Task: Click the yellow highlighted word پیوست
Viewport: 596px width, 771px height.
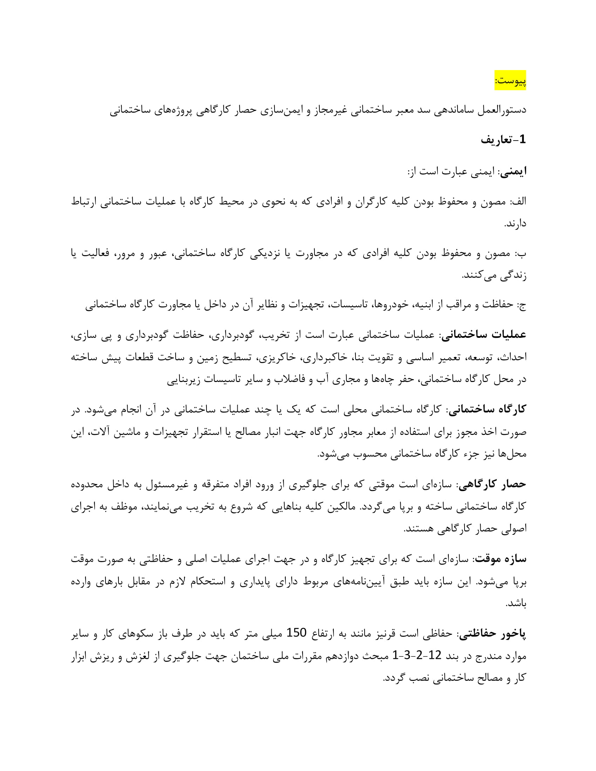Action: [x=510, y=81]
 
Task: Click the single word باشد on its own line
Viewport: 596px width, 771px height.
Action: [x=516, y=604]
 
